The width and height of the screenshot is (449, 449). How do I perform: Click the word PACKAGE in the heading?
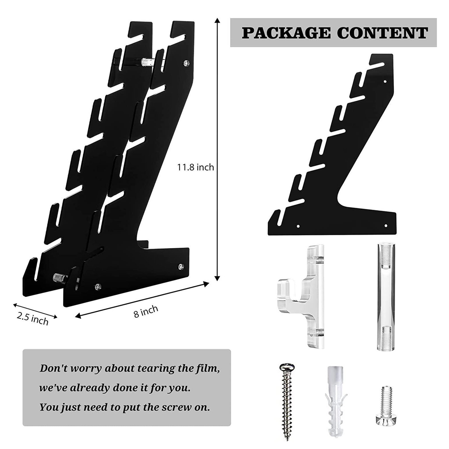tap(287, 33)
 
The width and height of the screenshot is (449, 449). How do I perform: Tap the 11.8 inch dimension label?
tap(195, 167)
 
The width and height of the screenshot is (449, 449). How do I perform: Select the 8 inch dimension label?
tap(146, 311)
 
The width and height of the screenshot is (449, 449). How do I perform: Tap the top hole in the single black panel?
tap(385, 82)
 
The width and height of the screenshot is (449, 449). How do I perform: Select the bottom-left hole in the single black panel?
tap(298, 226)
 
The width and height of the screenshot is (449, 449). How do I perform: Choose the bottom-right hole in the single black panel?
tap(386, 225)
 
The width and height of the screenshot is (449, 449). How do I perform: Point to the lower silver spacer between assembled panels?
tap(59, 277)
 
